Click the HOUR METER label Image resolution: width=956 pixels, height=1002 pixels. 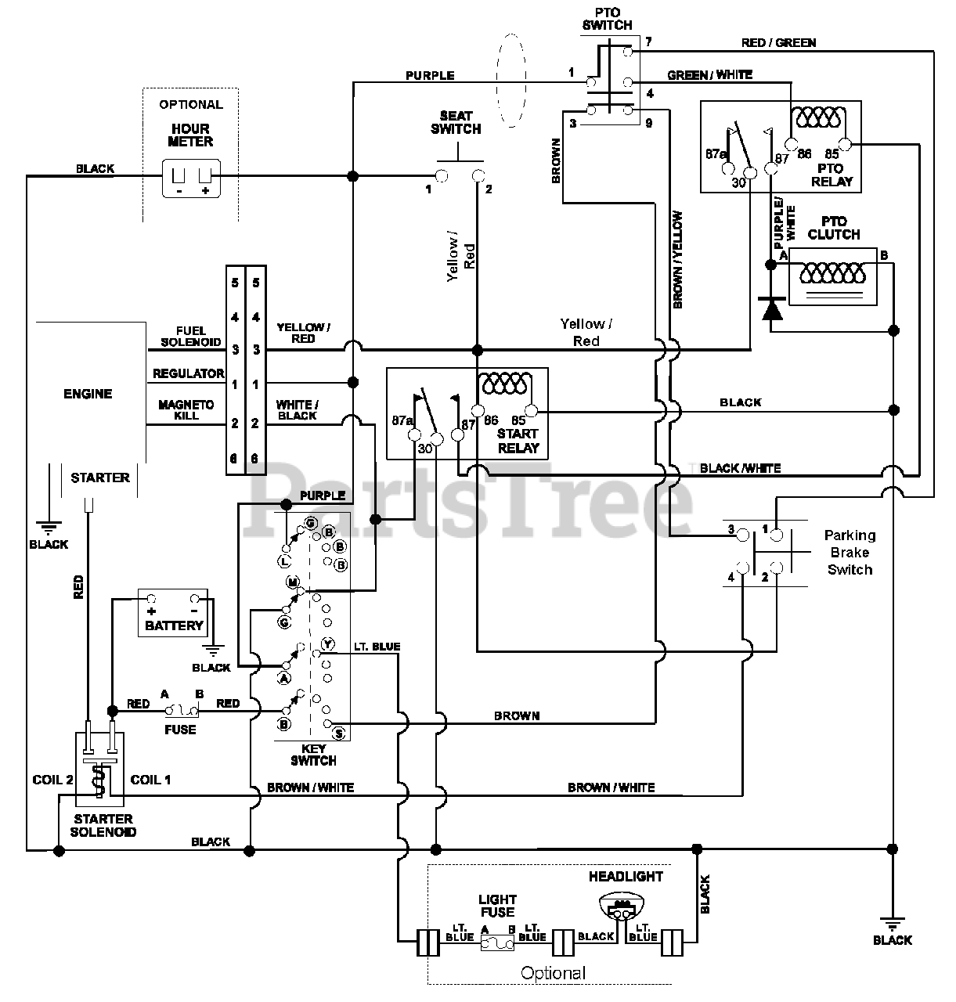pyautogui.click(x=190, y=135)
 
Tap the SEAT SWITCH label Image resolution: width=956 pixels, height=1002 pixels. pyautogui.click(x=456, y=123)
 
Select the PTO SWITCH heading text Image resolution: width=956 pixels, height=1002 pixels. pyautogui.click(x=608, y=19)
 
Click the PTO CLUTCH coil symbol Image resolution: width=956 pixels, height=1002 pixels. pyautogui.click(x=832, y=273)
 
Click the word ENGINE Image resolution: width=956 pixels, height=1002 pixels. pyautogui.click(x=88, y=394)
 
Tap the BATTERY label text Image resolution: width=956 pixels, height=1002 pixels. pyautogui.click(x=174, y=626)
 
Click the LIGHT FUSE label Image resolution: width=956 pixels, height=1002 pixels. pyautogui.click(x=497, y=906)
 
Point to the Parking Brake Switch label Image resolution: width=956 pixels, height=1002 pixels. pyautogui.click(x=850, y=553)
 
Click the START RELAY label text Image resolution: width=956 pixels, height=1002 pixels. pyautogui.click(x=518, y=441)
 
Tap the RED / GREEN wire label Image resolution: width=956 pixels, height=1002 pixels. pyautogui.click(x=778, y=43)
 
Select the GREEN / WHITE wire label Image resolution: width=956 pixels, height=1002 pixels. pyautogui.click(x=709, y=75)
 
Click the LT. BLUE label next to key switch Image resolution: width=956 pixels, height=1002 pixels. pyautogui.click(x=377, y=647)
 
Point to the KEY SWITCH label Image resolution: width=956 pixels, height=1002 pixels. pyautogui.click(x=313, y=755)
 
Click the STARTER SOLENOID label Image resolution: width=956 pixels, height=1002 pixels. pyautogui.click(x=103, y=826)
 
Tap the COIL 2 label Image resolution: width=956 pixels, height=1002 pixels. pyautogui.click(x=52, y=780)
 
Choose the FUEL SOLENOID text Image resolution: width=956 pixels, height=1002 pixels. pyautogui.click(x=191, y=337)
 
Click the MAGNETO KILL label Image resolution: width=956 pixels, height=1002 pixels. pyautogui.click(x=186, y=409)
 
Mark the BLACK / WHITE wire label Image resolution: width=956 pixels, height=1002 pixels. pyautogui.click(x=740, y=468)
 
